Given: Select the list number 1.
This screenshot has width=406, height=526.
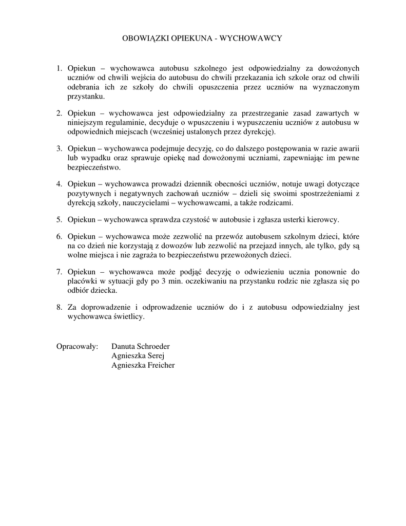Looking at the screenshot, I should tap(59, 68).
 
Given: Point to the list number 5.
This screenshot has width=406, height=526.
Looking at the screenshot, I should tap(59, 220).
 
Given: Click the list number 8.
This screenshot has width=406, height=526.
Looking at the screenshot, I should tap(59, 307).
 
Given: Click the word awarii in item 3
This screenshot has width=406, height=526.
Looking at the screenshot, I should tap(349, 148).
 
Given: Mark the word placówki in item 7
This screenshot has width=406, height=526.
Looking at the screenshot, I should tap(81, 281).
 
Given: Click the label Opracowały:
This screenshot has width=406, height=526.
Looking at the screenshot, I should tap(77, 346).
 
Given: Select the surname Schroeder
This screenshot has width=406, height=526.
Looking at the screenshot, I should tap(152, 346).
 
